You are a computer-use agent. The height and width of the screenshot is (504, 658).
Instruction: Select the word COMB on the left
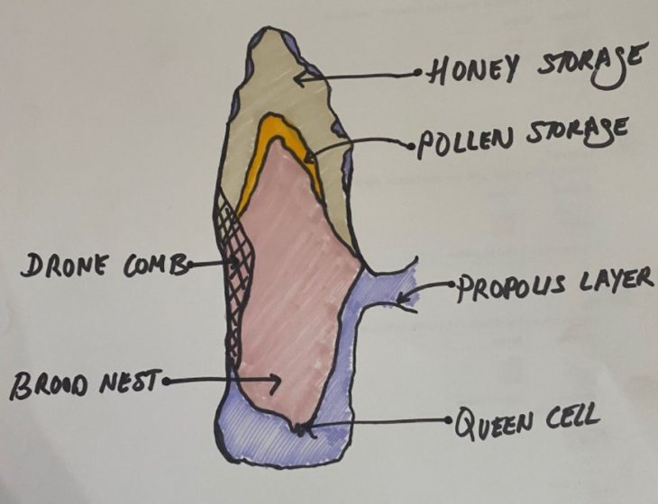[x=156, y=264]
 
